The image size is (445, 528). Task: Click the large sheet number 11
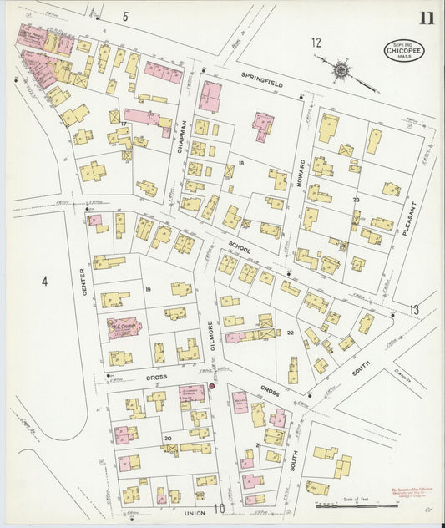click(426, 18)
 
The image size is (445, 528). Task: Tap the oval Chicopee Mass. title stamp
click(402, 50)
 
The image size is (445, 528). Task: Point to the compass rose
click(339, 70)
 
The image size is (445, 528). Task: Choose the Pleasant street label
click(408, 216)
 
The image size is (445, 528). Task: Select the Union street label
click(195, 511)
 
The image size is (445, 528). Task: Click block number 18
click(240, 163)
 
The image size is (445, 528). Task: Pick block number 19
click(147, 289)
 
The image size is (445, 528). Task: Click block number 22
click(290, 333)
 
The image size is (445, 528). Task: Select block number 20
click(167, 438)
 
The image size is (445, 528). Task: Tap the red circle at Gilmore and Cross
click(211, 386)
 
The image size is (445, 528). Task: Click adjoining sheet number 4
click(44, 282)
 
